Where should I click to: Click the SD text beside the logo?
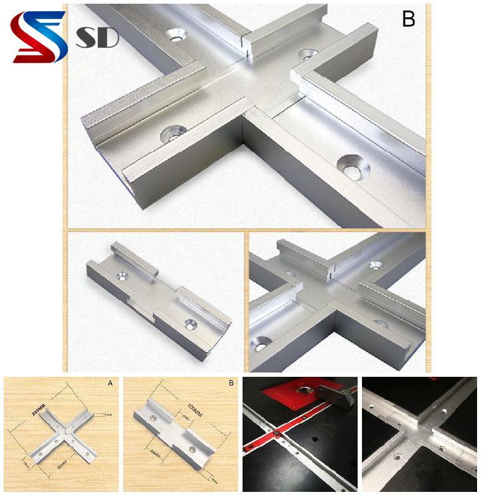(x=97, y=38)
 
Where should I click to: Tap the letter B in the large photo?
(x=408, y=19)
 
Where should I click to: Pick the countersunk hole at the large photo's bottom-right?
(x=353, y=166)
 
